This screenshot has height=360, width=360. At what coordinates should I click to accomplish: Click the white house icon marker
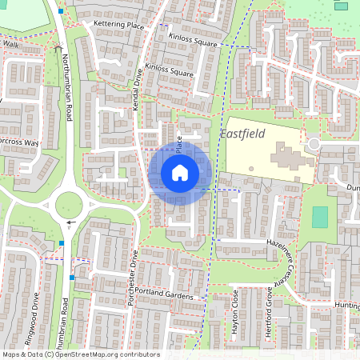coord(180,172)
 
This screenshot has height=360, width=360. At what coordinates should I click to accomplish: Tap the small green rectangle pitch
coord(320,217)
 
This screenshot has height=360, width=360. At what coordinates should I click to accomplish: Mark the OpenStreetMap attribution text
coord(80,354)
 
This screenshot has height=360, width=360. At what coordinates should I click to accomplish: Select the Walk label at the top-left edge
coord(10,45)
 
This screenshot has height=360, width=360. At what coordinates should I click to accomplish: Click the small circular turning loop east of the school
coord(314,144)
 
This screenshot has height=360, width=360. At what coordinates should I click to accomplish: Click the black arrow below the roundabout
coord(70,222)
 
